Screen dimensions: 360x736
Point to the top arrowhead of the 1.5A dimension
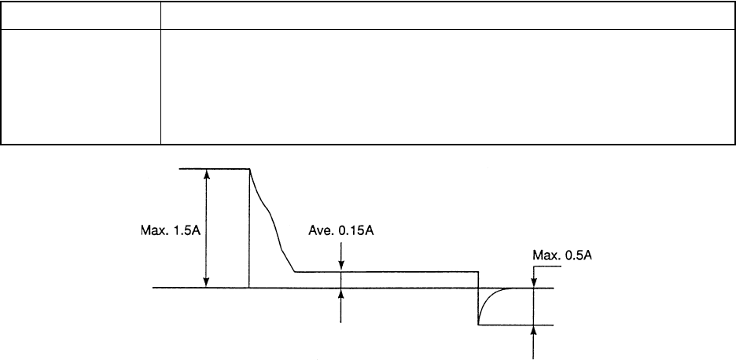pos(207,174)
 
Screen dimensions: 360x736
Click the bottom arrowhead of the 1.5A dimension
pos(207,282)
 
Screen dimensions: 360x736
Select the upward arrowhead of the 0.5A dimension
pos(534,329)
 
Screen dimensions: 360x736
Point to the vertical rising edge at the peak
pos(249,228)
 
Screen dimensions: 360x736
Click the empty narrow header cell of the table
pos(81,16)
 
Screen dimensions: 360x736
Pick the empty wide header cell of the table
pos(442,16)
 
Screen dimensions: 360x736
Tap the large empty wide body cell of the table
pos(442,86)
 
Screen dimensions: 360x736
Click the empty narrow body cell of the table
pos(81,86)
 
